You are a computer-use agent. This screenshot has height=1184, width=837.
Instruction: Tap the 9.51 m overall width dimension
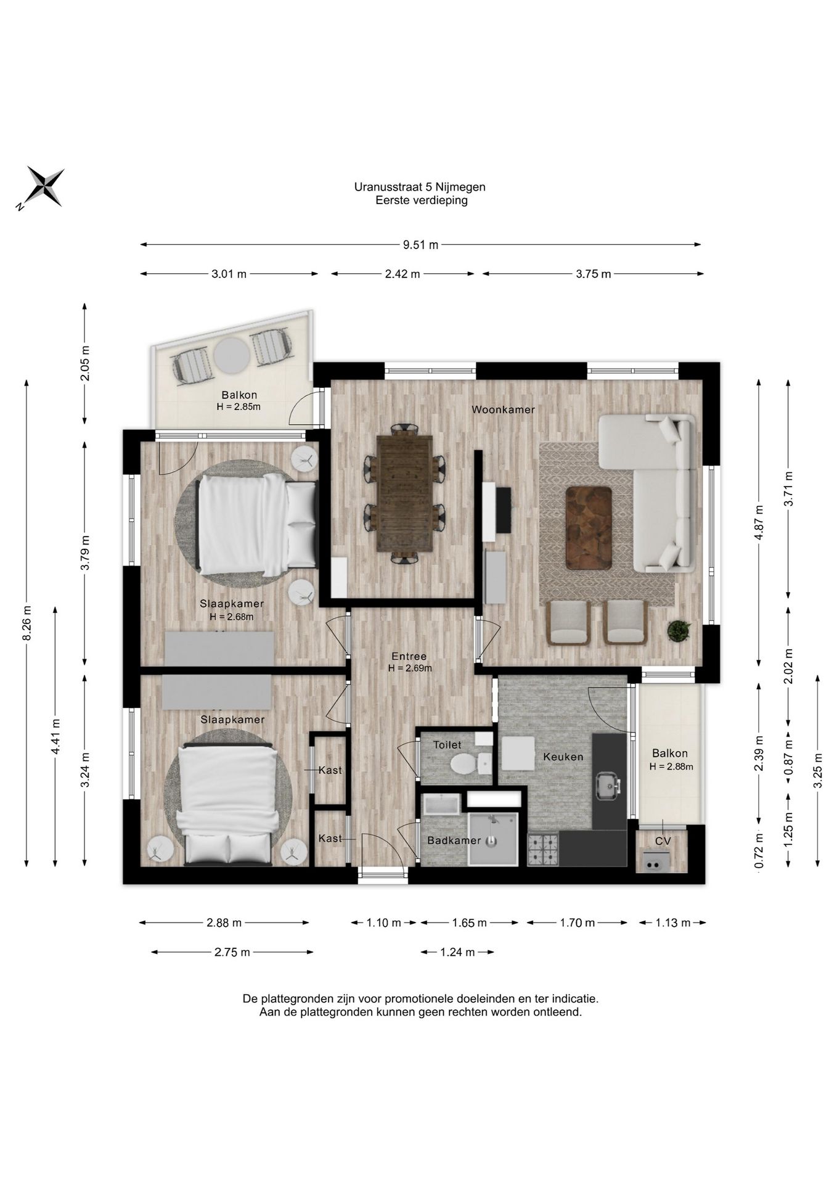point(420,245)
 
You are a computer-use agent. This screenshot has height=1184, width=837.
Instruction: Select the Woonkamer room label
point(503,409)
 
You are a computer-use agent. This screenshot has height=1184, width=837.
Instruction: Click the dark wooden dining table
point(404,493)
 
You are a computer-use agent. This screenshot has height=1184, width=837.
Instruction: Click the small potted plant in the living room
point(679,630)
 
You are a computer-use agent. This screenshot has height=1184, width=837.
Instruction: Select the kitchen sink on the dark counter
point(608,785)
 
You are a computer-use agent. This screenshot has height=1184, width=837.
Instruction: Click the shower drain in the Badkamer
point(491,840)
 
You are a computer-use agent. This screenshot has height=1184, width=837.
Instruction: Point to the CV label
point(663,841)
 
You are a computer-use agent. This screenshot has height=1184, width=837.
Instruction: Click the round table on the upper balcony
point(232,355)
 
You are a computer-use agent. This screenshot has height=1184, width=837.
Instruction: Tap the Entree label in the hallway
point(409,656)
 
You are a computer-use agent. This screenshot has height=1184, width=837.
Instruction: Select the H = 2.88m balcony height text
point(671,767)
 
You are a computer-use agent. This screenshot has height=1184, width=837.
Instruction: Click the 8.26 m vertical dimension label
point(27,623)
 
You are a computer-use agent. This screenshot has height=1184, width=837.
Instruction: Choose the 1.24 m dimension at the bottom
point(457,952)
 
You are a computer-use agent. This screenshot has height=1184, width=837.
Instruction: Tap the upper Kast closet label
point(330,770)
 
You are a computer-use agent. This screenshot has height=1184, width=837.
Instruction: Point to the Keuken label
point(563,757)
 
